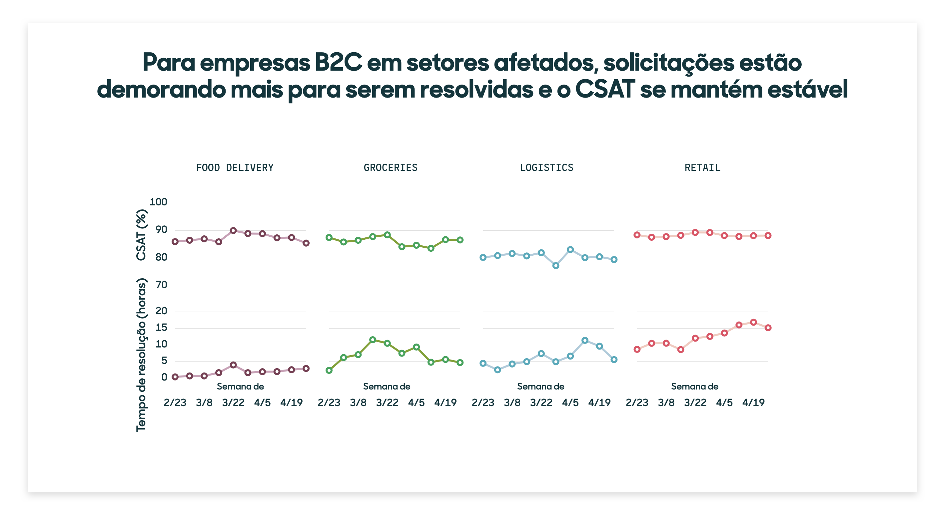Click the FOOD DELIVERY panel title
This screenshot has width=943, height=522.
[235, 167]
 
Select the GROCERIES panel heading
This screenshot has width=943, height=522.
[390, 167]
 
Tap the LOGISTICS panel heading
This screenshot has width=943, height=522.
[546, 167]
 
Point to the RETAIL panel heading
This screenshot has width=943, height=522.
[702, 167]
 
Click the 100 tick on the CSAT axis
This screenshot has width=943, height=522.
[158, 202]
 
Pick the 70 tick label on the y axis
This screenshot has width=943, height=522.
[161, 285]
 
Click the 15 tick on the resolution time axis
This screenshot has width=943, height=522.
[161, 327]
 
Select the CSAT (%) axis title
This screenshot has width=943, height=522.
[141, 235]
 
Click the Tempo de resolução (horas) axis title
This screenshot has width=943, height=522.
[141, 355]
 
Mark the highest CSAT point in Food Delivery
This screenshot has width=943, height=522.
[233, 230]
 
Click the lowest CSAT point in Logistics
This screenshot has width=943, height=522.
[556, 266]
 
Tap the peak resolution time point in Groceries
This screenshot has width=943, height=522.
[373, 340]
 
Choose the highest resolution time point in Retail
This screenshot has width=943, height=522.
[753, 322]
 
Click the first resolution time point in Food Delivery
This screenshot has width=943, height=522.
[175, 377]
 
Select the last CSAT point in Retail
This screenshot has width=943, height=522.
[768, 236]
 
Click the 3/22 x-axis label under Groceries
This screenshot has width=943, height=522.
[387, 403]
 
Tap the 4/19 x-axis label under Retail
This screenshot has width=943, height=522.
[753, 403]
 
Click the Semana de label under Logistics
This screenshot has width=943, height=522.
[540, 387]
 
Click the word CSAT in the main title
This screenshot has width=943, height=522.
[605, 89]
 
